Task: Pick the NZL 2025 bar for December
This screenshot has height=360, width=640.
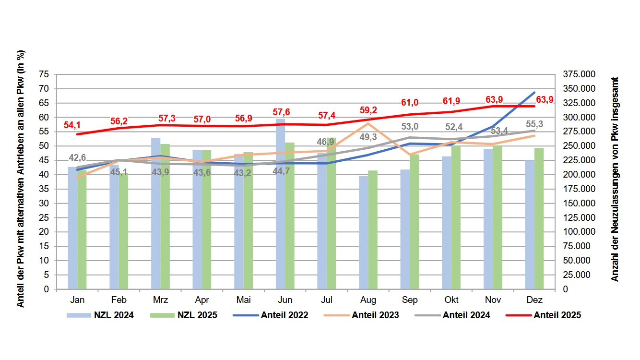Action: pyautogui.click(x=539, y=218)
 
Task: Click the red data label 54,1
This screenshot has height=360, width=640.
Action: pyautogui.click(x=72, y=125)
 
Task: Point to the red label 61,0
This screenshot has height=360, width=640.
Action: pyautogui.click(x=410, y=103)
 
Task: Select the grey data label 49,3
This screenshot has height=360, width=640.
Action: pyautogui.click(x=368, y=137)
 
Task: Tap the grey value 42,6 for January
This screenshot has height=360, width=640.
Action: pyautogui.click(x=77, y=157)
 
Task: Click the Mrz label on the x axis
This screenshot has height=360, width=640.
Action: pyautogui.click(x=160, y=300)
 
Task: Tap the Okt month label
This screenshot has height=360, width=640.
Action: pyautogui.click(x=451, y=300)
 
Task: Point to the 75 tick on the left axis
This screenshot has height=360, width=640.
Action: pyautogui.click(x=44, y=74)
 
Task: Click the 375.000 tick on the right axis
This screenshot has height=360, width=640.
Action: pyautogui.click(x=579, y=74)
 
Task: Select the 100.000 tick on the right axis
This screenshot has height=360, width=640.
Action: pyautogui.click(x=579, y=232)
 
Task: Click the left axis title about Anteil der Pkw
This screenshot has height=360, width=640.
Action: pyautogui.click(x=21, y=180)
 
